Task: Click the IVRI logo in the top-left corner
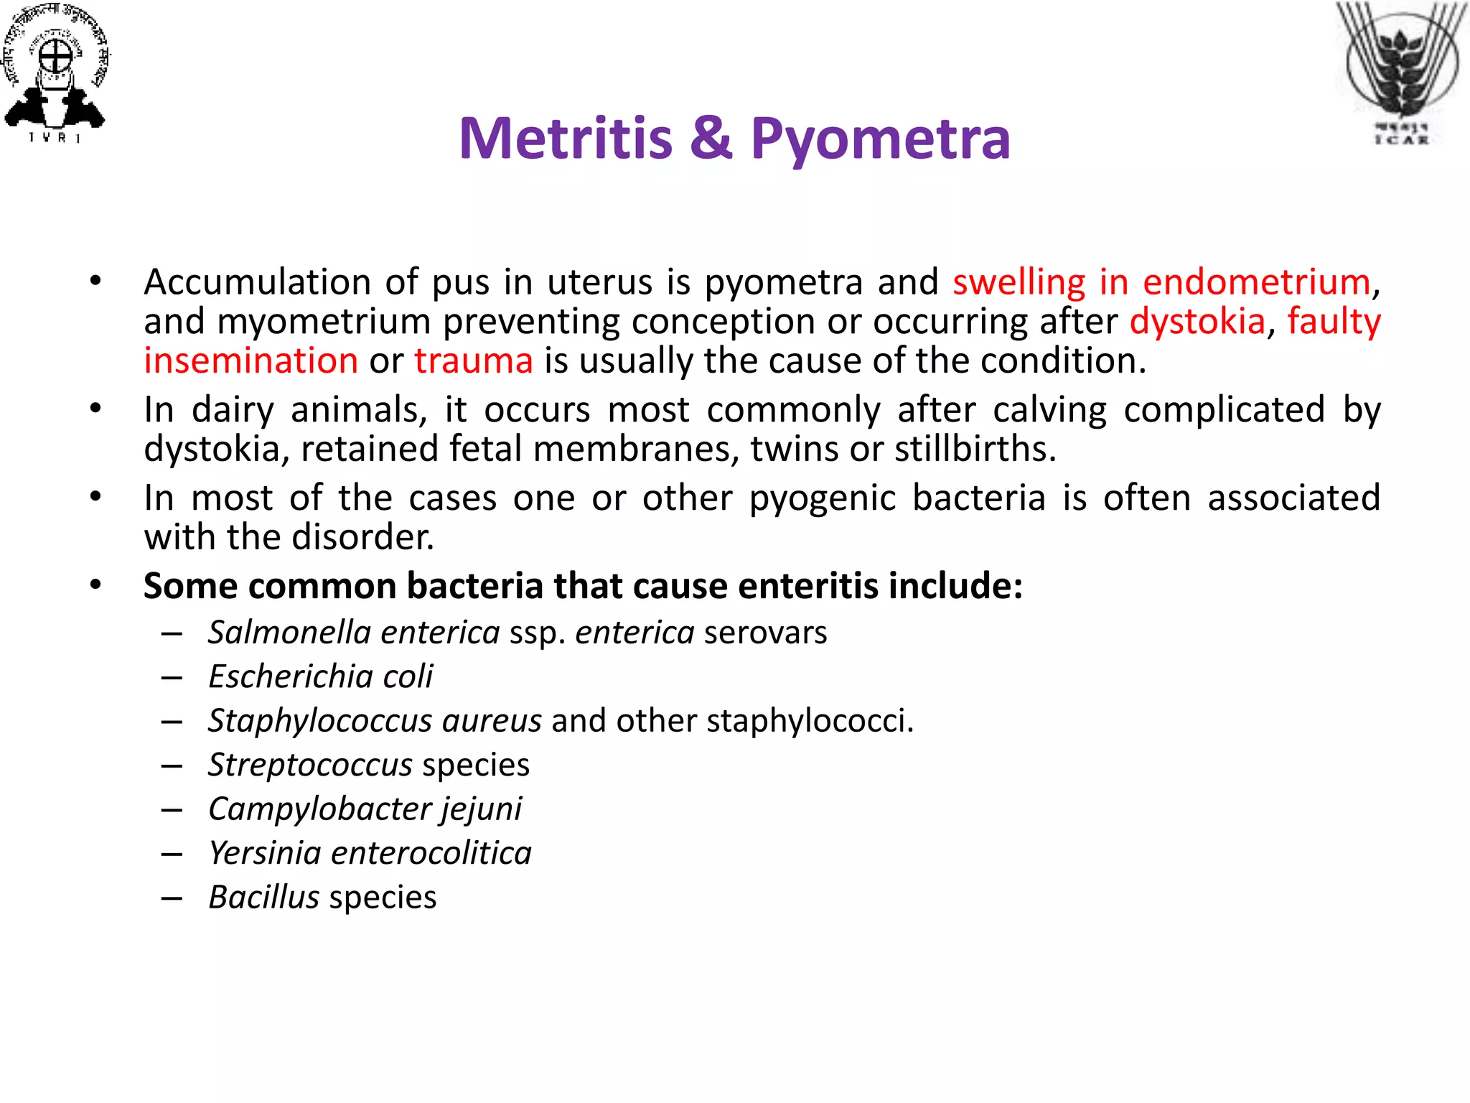tap(56, 72)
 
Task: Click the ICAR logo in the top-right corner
tap(1401, 72)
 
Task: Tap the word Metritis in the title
tap(566, 138)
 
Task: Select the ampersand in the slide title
tap(711, 138)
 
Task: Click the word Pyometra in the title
tap(880, 138)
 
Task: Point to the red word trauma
tap(474, 360)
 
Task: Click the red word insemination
tap(251, 360)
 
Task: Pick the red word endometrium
tap(1256, 282)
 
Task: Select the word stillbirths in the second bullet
tap(975, 450)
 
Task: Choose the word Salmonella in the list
tap(289, 633)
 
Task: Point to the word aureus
tap(492, 721)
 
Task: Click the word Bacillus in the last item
tap(263, 898)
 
